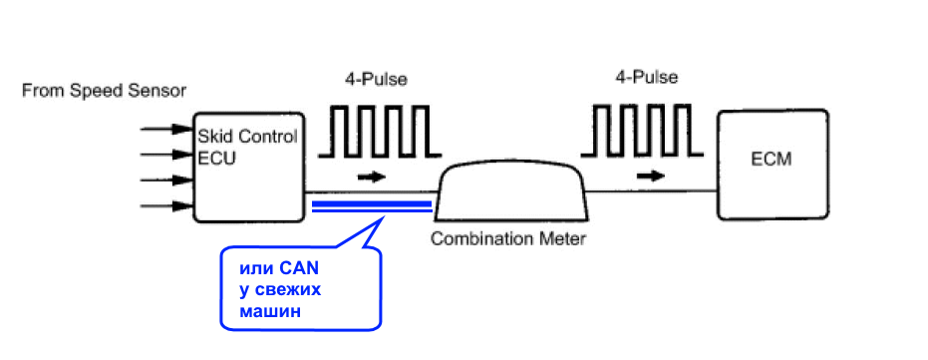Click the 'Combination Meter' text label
coord(507,239)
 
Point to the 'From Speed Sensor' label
coord(104,91)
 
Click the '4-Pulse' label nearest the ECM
coord(647,77)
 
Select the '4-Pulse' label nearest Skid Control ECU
coord(377,80)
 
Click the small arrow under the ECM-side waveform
coord(650,176)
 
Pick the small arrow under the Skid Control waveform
coord(372,178)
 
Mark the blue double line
coord(372,206)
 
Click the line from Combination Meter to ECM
coord(652,191)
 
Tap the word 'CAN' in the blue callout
coord(299,268)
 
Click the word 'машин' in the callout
coord(270,311)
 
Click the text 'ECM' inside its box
coord(773,160)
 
